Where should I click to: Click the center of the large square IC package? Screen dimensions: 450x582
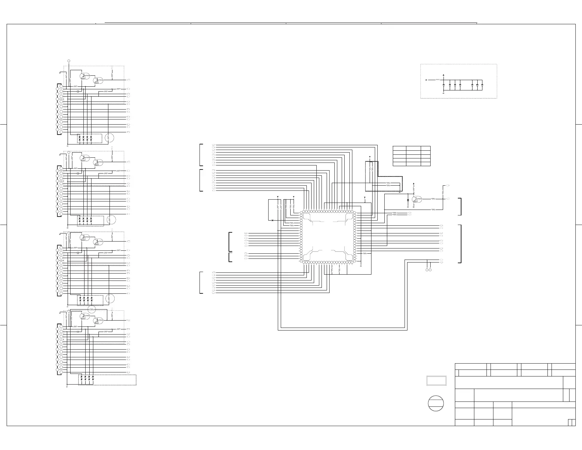coord(328,237)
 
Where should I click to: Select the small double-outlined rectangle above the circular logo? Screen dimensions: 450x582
coord(436,381)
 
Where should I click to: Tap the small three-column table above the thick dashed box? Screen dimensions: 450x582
coord(412,156)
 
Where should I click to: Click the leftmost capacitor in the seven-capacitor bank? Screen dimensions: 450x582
coord(444,85)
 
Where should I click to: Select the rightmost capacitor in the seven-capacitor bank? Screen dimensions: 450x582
coord(482,85)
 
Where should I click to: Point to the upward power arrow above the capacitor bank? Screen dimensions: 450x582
coord(444,74)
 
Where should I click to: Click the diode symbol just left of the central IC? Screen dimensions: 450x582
coord(272,220)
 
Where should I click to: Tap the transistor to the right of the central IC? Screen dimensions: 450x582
coord(417,199)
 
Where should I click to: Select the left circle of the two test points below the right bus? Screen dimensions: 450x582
coord(427,270)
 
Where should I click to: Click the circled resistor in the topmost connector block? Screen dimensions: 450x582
coord(109,138)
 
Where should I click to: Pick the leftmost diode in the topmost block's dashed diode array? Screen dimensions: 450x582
coord(79,139)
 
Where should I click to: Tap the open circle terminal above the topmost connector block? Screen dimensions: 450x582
coord(69,60)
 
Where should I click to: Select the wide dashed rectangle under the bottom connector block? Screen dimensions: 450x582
coord(107,380)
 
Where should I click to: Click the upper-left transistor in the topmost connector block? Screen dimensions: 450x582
coord(85,76)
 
